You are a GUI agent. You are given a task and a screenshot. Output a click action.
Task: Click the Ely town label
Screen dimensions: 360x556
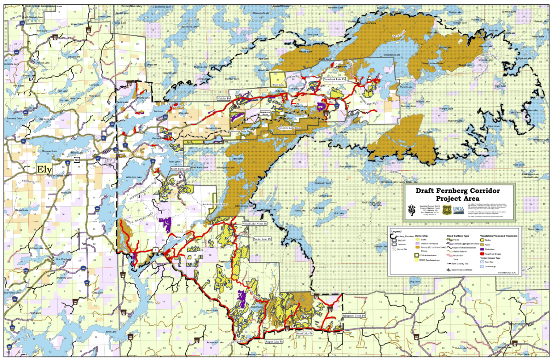point(45,169)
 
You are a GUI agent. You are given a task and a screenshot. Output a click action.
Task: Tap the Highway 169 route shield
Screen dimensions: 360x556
point(77,160)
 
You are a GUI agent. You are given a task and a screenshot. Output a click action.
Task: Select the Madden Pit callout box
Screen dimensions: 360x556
point(223,99)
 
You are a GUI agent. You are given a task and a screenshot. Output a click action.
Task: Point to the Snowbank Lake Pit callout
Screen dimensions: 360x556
point(334,79)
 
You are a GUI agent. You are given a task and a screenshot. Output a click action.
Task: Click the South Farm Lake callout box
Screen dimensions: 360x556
point(180,169)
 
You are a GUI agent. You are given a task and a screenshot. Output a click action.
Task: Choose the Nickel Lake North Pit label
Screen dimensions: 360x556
point(254,223)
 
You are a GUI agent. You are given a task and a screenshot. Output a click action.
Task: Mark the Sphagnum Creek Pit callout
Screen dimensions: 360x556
point(354,315)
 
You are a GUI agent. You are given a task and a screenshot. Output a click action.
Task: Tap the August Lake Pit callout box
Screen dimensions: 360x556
point(274,342)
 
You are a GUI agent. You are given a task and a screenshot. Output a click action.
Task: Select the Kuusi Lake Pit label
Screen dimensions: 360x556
point(304,333)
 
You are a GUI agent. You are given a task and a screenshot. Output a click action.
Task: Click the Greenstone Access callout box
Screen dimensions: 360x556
point(265,113)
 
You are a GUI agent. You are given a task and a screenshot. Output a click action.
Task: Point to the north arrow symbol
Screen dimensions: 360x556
point(411,210)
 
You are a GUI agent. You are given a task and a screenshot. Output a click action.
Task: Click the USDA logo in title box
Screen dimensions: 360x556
point(458,210)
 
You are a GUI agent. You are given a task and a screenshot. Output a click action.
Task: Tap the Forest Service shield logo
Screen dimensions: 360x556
point(446,210)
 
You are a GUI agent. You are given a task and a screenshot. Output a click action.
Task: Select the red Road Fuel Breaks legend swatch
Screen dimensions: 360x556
point(482,254)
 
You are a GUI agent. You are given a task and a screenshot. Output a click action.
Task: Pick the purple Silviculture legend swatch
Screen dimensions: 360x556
point(482,249)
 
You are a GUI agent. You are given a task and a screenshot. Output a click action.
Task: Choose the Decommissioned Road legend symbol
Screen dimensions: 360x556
point(448,270)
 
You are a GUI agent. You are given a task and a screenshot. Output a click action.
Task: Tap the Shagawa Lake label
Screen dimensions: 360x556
point(49,151)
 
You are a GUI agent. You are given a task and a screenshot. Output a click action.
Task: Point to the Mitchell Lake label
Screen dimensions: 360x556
point(21,210)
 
